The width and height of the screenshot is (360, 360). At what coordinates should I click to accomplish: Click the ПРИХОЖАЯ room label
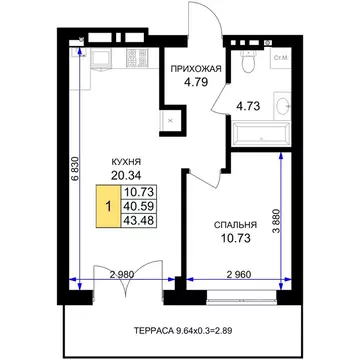point(196,69)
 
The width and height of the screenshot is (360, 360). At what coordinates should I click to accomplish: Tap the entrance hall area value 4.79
point(196,81)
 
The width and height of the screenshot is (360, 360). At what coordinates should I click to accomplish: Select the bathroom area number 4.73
point(248,106)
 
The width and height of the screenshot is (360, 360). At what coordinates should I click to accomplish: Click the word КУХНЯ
point(126,162)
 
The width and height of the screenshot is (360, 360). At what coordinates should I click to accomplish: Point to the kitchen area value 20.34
point(126,174)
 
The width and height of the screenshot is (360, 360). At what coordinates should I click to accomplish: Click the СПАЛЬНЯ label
point(235,225)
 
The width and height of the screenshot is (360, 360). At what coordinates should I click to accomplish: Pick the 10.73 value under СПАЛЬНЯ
point(235,238)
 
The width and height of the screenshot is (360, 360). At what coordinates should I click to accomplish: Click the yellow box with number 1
point(108,207)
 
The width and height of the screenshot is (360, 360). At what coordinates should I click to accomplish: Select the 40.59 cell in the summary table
point(138,206)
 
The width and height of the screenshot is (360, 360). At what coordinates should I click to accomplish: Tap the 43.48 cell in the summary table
point(138,221)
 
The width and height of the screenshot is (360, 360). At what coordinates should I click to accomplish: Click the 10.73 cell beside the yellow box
point(138,192)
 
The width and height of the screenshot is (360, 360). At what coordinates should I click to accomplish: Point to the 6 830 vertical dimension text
point(76,168)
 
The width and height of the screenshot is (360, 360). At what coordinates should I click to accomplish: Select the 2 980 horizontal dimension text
point(122,274)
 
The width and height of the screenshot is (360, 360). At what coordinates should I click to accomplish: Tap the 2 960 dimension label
point(239,274)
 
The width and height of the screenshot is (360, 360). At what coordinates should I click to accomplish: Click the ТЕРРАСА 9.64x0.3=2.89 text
point(183,331)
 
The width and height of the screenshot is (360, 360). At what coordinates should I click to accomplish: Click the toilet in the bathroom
point(248,61)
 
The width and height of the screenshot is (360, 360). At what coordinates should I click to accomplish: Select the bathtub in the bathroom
point(262,134)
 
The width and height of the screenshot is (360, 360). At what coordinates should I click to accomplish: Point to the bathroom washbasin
point(283,106)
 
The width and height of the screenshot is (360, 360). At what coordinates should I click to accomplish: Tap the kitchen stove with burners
point(137,58)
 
